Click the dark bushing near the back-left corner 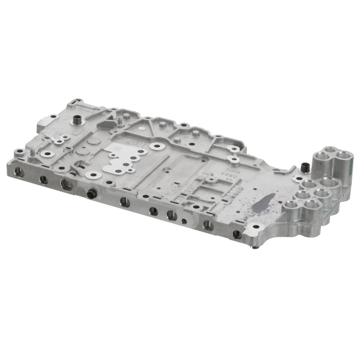point(77,120)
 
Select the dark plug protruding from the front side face point(91,194)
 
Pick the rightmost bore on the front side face point(237,234)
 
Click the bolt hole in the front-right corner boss point(256,226)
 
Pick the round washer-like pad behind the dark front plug point(93,174)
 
